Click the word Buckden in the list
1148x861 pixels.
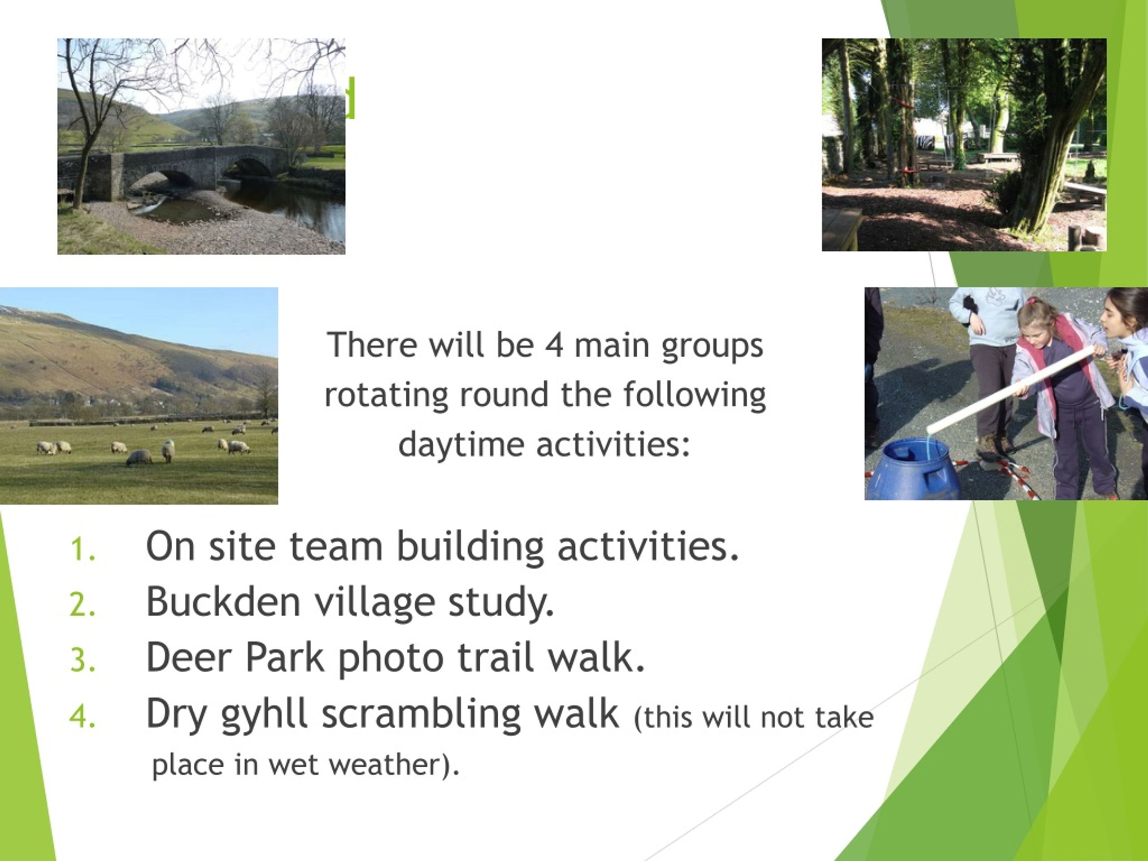[x=224, y=601]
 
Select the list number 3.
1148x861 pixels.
[x=83, y=661]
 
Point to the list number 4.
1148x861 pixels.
[x=83, y=717]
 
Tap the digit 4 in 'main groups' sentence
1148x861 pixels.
[x=554, y=346]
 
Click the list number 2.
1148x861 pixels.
[x=83, y=605]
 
